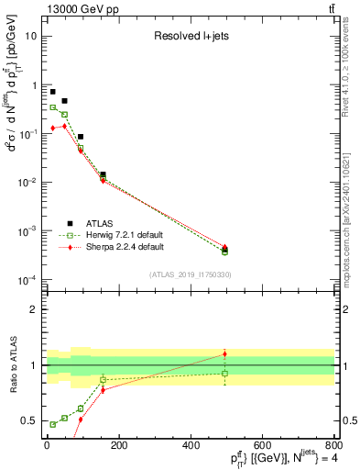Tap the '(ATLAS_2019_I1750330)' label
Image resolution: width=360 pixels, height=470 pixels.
point(190,274)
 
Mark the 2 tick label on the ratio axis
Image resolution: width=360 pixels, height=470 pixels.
point(34,309)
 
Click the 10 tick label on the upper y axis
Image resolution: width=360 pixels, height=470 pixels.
point(31,37)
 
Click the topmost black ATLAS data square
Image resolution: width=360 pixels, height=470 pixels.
point(53,92)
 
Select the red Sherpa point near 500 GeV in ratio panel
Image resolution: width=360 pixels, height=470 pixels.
point(225,353)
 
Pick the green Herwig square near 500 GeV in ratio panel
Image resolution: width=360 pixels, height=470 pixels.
point(225,373)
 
